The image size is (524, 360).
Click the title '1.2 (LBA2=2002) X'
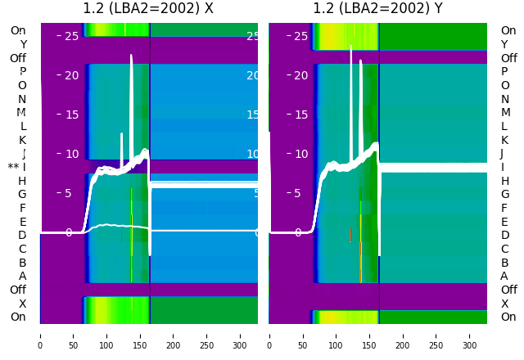(x=148, y=9)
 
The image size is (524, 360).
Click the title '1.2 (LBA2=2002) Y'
(x=377, y=9)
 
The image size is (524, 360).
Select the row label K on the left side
(x=23, y=140)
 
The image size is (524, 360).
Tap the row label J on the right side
(x=502, y=153)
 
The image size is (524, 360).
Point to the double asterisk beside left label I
(x=13, y=168)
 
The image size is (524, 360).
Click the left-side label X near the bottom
(x=23, y=304)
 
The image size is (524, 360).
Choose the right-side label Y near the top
(x=504, y=44)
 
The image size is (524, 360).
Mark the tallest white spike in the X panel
(x=132, y=56)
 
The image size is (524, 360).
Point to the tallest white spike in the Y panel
(x=351, y=47)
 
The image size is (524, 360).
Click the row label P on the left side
(x=23, y=72)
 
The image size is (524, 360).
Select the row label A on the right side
(x=504, y=276)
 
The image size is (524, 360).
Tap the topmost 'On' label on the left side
(x=18, y=30)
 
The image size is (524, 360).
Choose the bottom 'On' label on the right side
(x=508, y=317)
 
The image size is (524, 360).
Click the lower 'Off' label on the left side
(x=18, y=290)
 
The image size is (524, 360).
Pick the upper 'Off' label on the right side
(x=508, y=58)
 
